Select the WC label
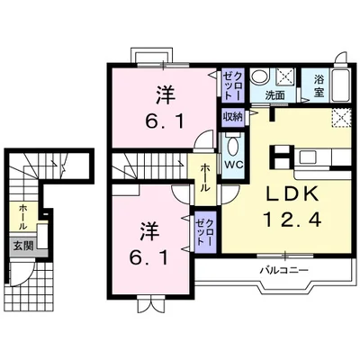pyautogui.click(x=232, y=165)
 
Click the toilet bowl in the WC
pyautogui.click(x=232, y=147)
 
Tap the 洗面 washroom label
pyautogui.click(x=275, y=94)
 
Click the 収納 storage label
pyautogui.click(x=232, y=116)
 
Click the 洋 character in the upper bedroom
pyautogui.click(x=164, y=94)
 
